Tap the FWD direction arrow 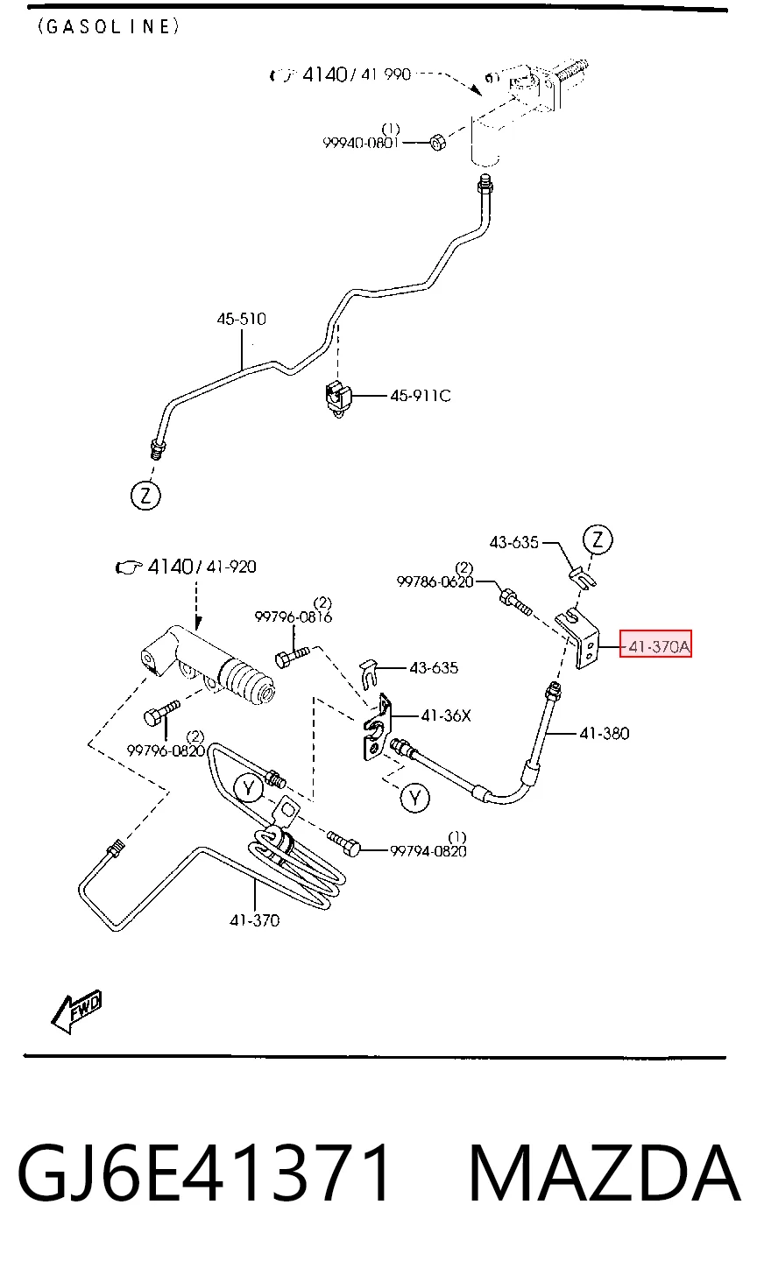pyautogui.click(x=76, y=1012)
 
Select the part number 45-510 pyautogui.click(x=241, y=319)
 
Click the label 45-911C pyautogui.click(x=420, y=395)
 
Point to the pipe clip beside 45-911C pyautogui.click(x=338, y=398)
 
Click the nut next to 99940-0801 pyautogui.click(x=437, y=142)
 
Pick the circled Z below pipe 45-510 pyautogui.click(x=145, y=496)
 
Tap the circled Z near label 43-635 pyautogui.click(x=598, y=539)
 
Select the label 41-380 pyautogui.click(x=604, y=733)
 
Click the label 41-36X pyautogui.click(x=446, y=715)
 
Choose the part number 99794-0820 pyautogui.click(x=428, y=851)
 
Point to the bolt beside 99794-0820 pyautogui.click(x=344, y=843)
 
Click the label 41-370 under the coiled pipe pyautogui.click(x=255, y=920)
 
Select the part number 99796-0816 pyautogui.click(x=293, y=617)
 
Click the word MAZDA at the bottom pyautogui.click(x=604, y=1173)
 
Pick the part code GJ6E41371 pyautogui.click(x=204, y=1173)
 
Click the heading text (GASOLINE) pyautogui.click(x=109, y=27)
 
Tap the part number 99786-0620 pyautogui.click(x=435, y=581)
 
